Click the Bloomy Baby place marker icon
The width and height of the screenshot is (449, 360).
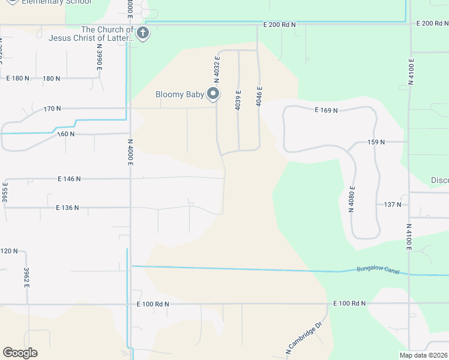click(x=212, y=94)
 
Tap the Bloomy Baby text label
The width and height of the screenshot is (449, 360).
click(x=179, y=94)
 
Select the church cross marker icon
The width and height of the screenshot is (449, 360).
click(x=143, y=33)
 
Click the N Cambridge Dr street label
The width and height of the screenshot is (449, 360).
click(x=304, y=338)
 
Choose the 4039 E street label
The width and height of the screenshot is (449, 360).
click(x=238, y=98)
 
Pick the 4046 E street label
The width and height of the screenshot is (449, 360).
click(x=259, y=96)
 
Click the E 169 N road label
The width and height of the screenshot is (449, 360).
click(x=327, y=110)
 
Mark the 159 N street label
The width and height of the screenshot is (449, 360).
click(x=375, y=142)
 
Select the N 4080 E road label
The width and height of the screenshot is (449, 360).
click(x=352, y=200)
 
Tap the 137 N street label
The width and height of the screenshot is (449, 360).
click(x=393, y=205)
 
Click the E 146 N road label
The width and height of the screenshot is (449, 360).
click(x=69, y=179)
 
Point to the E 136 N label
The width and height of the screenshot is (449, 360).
click(x=67, y=208)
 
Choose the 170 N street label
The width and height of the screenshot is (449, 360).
click(x=52, y=109)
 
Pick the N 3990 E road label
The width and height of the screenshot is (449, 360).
click(x=99, y=59)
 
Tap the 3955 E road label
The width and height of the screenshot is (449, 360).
click(x=4, y=192)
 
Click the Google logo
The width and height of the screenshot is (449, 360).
click(x=20, y=353)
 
